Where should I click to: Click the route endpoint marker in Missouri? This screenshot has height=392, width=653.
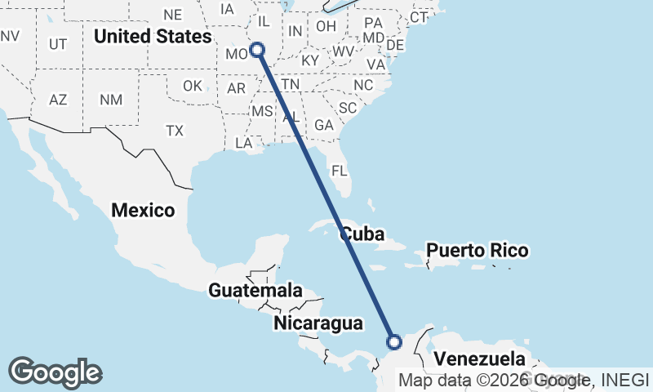coord(257,50)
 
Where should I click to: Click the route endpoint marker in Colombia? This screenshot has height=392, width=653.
coord(394,341)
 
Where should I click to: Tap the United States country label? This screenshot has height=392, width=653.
coord(153,37)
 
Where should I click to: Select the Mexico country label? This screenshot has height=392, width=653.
coord(144,210)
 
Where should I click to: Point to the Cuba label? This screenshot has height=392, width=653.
coord(362,234)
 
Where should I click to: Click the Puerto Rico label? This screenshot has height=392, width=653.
coord(478,250)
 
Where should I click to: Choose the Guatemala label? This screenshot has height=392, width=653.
coord(255,290)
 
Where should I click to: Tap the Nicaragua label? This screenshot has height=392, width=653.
coord(318,323)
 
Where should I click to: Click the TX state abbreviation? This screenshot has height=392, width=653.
coord(175,131)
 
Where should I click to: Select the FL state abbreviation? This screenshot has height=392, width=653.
coord(339,171)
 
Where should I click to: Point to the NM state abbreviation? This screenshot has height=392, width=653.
coord(111,100)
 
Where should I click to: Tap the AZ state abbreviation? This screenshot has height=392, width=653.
coord(58,100)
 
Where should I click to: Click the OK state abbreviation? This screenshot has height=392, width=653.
coord(193,86)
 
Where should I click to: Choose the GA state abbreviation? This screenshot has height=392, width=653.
coord(324,125)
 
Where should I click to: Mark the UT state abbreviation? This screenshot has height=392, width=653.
coord(58,44)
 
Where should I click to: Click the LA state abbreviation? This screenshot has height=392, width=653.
coord(244,143)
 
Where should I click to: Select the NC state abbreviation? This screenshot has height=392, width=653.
coord(363,85)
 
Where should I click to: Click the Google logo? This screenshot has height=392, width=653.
coord(55,372)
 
